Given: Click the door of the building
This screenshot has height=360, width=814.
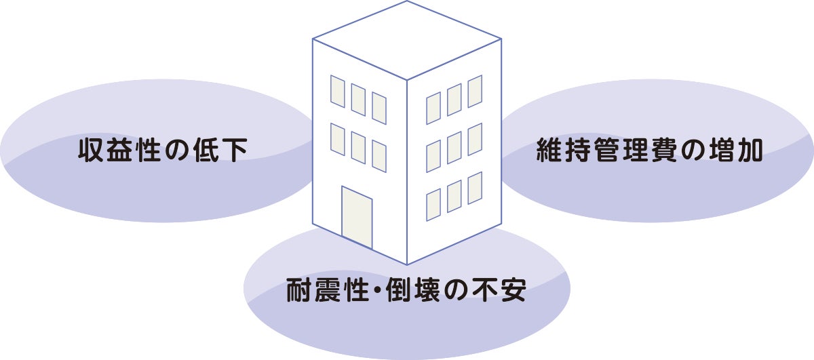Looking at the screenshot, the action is point(357,216).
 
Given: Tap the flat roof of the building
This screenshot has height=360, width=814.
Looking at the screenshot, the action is point(406,39).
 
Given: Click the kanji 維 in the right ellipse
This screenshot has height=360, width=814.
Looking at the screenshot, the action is point(549,151).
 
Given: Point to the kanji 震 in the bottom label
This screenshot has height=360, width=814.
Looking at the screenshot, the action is point(330,292).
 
